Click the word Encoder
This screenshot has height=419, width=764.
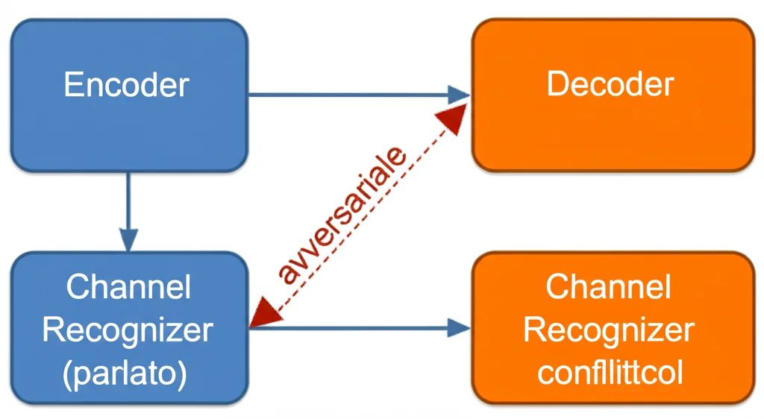126,85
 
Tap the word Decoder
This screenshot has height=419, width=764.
610,84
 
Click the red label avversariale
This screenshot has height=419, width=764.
343,215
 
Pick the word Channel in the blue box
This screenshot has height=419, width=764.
128,287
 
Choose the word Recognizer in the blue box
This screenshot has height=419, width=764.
128,330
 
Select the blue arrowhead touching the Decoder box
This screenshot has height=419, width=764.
458,95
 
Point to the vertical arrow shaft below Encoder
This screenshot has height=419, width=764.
129,201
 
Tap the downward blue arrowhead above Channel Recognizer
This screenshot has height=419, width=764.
129,240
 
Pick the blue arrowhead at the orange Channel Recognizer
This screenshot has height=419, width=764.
458,327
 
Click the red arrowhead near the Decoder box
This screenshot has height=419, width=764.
454,118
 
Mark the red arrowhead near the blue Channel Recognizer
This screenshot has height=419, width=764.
262,312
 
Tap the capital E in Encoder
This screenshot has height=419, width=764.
72,85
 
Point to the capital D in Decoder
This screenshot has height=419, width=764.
557,84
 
